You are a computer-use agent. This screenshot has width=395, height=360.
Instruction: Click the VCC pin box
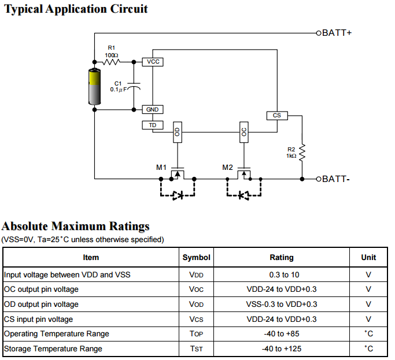[153, 61]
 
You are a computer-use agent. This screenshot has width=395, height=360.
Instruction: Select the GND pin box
[152, 109]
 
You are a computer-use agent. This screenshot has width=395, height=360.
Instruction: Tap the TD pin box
[153, 125]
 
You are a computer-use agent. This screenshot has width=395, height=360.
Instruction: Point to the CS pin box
[276, 116]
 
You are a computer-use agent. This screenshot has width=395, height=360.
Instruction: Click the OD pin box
[178, 132]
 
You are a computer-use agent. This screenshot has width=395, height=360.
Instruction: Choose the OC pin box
[244, 132]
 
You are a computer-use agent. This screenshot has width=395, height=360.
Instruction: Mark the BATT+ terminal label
[337, 33]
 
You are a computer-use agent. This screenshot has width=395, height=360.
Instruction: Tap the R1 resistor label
[112, 48]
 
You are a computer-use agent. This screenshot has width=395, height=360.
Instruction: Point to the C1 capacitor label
[118, 84]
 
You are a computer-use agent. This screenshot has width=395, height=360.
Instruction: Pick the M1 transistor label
[161, 168]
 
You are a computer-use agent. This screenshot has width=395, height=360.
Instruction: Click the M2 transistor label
[227, 168]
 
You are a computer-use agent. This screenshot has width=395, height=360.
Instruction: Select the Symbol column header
[197, 257]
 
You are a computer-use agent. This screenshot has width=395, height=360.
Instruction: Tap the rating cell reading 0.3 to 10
[282, 274]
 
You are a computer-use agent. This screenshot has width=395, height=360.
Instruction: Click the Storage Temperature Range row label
[53, 348]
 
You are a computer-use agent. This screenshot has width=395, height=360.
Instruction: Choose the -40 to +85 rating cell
[282, 333]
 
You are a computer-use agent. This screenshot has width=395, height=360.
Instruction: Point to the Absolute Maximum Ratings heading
[76, 226]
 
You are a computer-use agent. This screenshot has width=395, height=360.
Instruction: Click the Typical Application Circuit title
[76, 9]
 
